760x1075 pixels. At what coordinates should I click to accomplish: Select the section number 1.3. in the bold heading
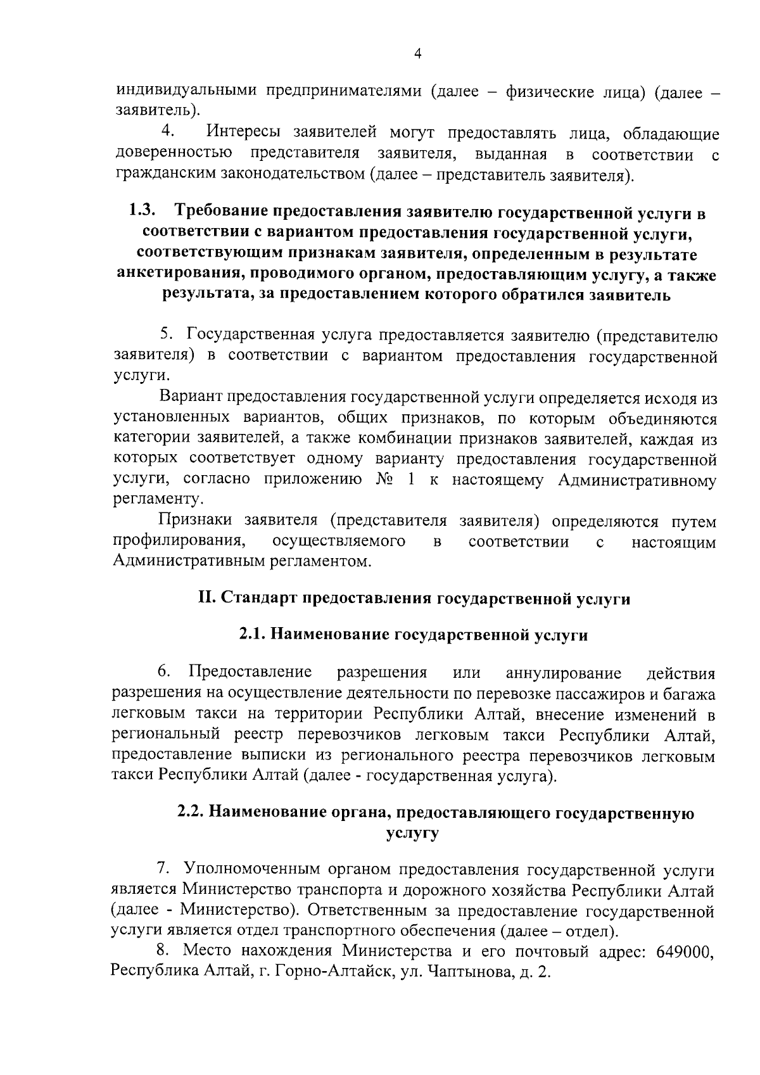pos(142,212)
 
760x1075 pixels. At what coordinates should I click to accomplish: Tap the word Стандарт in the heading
pos(260,599)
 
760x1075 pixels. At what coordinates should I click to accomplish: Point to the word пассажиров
pos(595,694)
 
